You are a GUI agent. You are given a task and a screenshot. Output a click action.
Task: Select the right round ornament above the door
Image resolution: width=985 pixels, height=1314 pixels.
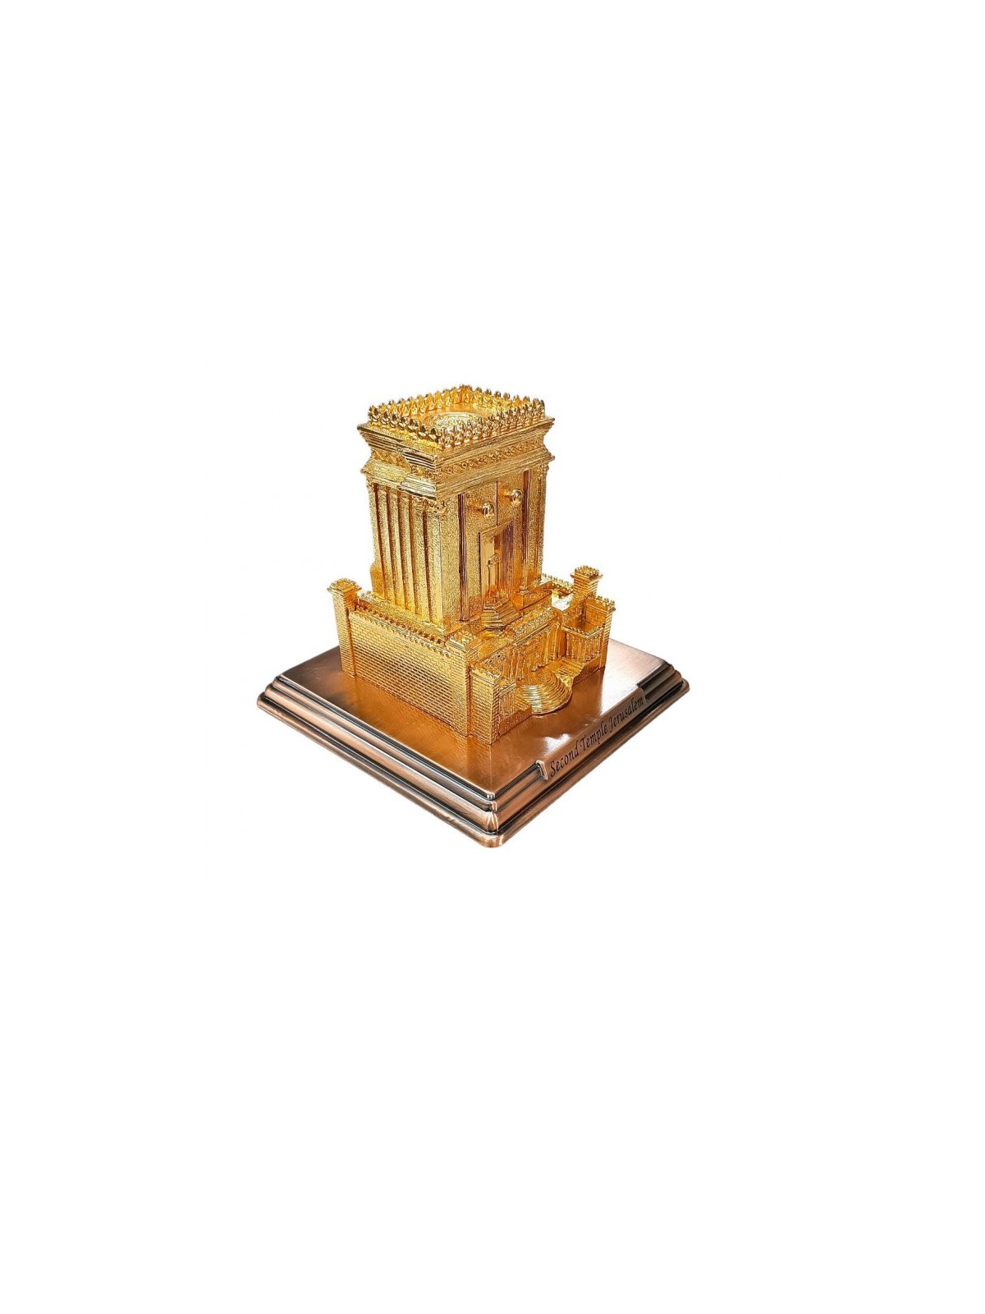click(x=516, y=495)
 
